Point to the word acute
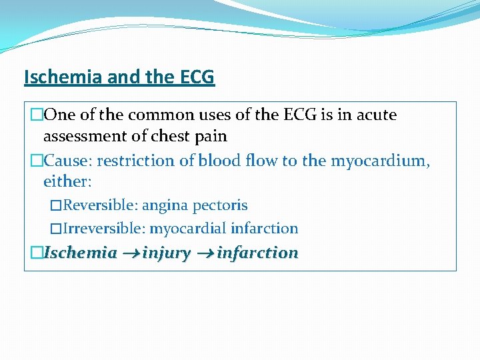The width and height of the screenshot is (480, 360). click(374, 115)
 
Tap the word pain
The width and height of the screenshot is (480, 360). click(212, 137)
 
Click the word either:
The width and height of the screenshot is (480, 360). click(67, 181)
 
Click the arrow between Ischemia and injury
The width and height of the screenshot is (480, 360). click(129, 254)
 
